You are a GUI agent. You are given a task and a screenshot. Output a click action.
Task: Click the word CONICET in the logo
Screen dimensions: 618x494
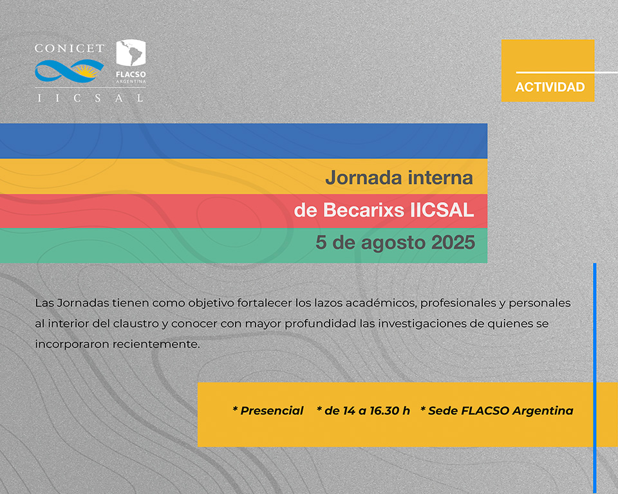click(70, 48)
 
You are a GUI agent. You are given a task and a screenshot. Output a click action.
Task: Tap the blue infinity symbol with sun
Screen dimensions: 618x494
click(69, 71)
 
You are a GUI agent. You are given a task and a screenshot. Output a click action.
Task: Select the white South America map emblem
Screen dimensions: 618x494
click(131, 53)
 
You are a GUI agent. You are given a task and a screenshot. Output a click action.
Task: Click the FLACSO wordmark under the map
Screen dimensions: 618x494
click(131, 74)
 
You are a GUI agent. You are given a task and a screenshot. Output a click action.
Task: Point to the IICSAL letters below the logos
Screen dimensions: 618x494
click(90, 98)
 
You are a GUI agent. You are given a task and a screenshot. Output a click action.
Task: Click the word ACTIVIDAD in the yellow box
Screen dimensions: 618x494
click(550, 87)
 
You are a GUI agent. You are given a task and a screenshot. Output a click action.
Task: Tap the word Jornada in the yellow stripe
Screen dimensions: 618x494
click(363, 178)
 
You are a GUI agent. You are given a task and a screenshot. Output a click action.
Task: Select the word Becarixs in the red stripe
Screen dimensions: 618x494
click(364, 210)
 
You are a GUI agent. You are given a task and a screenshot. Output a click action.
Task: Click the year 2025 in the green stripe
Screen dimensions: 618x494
click(453, 242)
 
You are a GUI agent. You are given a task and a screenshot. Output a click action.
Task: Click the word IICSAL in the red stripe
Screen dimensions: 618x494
click(442, 210)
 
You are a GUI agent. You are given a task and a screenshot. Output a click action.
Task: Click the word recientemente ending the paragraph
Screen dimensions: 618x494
click(156, 344)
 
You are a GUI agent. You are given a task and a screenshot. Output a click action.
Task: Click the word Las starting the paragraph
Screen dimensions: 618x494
click(44, 303)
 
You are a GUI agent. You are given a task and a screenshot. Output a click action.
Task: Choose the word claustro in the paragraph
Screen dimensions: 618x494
click(136, 324)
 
